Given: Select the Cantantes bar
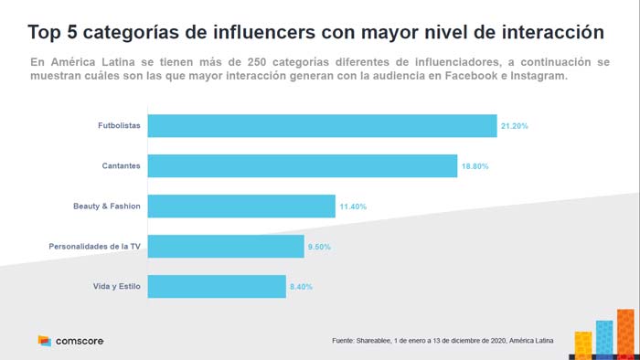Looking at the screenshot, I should [302, 165].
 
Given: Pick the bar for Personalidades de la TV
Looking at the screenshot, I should [225, 247].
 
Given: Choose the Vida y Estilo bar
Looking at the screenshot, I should [217, 286].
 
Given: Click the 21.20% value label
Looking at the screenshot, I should [514, 126].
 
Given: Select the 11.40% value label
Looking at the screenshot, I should [353, 206].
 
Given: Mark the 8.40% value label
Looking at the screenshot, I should [301, 287].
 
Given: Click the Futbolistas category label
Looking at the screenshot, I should [119, 126].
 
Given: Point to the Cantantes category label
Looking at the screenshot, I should [121, 166].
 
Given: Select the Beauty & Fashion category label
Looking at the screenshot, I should [107, 206].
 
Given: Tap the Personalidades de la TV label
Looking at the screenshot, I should [94, 247].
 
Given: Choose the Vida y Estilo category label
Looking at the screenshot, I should [115, 287].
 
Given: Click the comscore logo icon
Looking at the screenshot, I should [44, 341].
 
